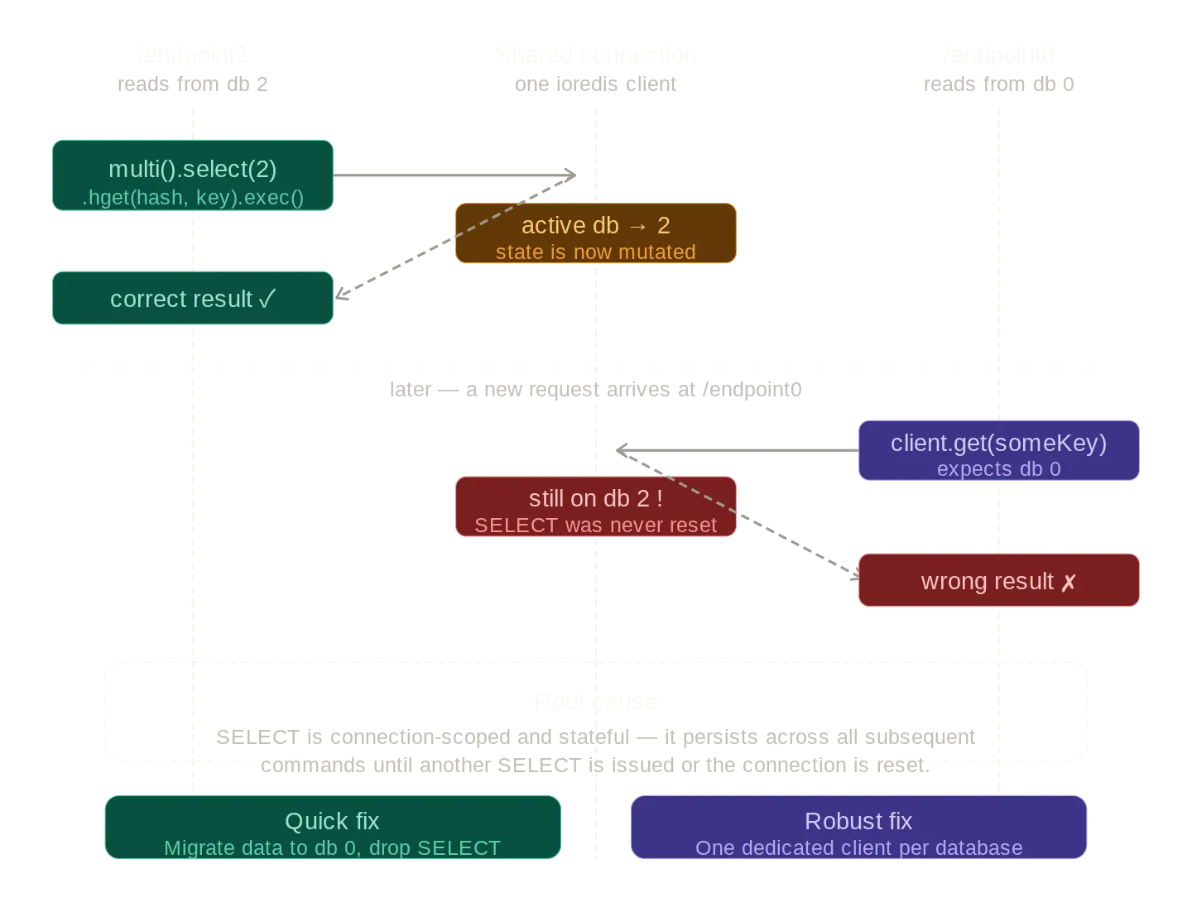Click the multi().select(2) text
point(192,169)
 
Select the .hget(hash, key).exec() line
point(192,198)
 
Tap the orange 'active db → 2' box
point(595,233)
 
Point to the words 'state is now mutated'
point(595,252)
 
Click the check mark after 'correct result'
point(267,299)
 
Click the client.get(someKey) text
point(998,443)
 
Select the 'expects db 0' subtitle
point(998,469)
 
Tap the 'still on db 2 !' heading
point(595,499)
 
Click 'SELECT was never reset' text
point(595,526)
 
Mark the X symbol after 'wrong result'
point(1069,583)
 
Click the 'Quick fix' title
point(332,821)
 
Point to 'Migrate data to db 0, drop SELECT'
point(332,848)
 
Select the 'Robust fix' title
point(858,821)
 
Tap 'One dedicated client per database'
point(858,848)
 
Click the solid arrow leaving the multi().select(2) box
point(455,175)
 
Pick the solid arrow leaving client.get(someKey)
point(737,450)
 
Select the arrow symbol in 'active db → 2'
point(637,226)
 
